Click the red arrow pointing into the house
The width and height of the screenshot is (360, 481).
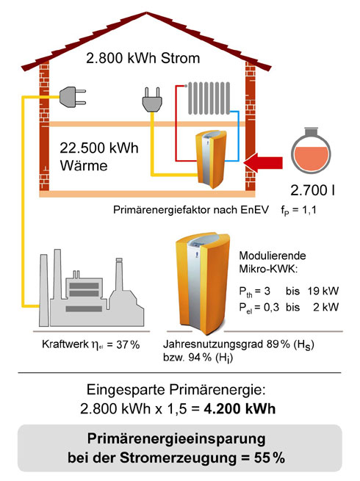[x=263, y=162]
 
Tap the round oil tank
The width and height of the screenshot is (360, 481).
[x=311, y=151]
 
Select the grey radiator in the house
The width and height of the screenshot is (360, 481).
[x=209, y=98]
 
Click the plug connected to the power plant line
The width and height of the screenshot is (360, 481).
[x=73, y=97]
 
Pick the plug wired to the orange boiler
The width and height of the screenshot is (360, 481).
[x=152, y=100]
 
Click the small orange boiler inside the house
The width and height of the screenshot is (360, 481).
[x=211, y=159]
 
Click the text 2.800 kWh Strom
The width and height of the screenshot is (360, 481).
[x=143, y=58]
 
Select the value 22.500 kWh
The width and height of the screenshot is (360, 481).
[x=99, y=148]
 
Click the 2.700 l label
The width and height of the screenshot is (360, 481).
[x=312, y=191]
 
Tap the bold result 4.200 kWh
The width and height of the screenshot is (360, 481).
[x=240, y=409]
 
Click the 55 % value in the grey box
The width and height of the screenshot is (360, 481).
[x=270, y=458]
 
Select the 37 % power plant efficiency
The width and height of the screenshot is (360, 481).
[x=128, y=345]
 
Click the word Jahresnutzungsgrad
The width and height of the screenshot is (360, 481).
[x=213, y=344]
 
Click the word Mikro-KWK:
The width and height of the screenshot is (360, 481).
[x=268, y=269]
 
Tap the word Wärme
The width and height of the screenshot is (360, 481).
[x=84, y=166]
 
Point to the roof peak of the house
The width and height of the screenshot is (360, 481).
[x=146, y=13]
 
